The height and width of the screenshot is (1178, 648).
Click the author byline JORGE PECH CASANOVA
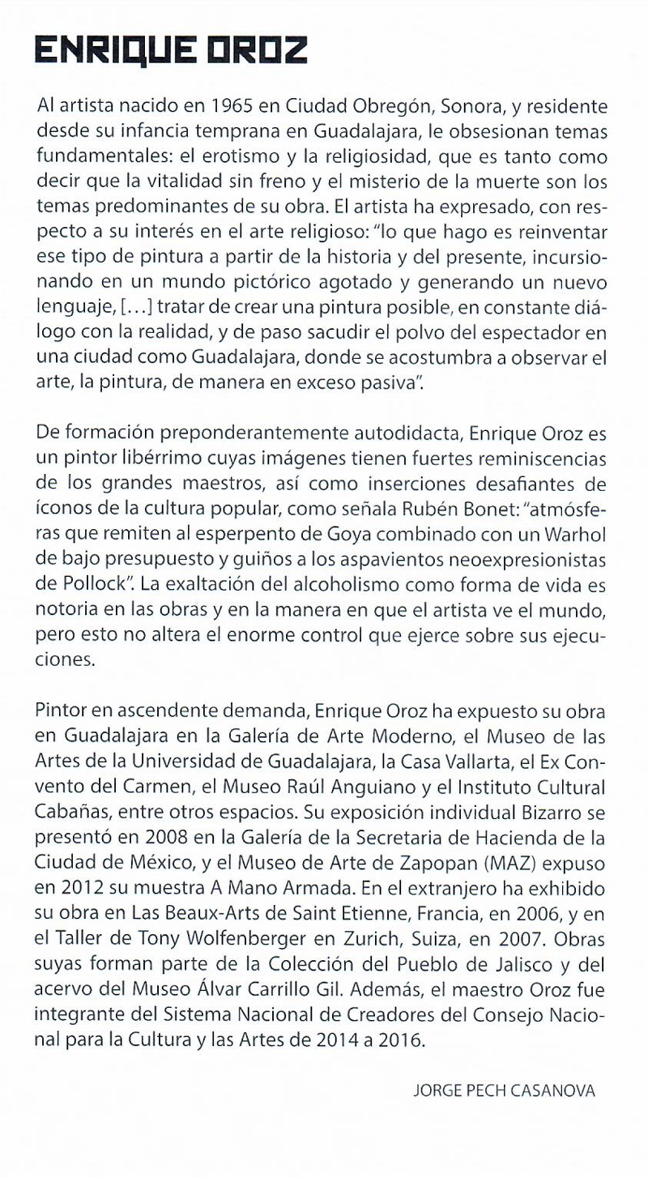click(504, 1091)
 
